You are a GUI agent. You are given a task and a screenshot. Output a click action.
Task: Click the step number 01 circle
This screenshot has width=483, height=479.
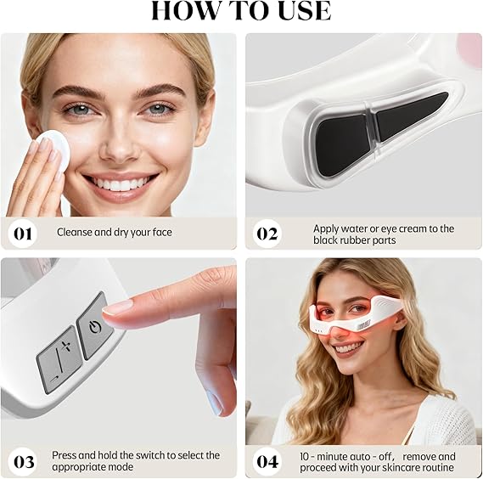22,234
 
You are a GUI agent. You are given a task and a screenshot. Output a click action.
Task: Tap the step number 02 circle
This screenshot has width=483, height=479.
267,234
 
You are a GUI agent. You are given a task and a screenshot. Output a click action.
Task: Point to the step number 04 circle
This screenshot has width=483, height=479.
267,462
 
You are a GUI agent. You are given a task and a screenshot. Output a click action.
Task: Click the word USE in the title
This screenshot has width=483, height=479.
305,10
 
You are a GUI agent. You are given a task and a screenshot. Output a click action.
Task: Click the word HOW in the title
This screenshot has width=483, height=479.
184,10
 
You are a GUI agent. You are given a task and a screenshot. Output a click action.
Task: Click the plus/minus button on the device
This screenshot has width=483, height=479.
59,359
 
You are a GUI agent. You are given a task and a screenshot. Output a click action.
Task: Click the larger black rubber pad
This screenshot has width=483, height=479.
343,144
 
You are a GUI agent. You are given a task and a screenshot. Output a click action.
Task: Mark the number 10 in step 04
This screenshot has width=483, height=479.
305,457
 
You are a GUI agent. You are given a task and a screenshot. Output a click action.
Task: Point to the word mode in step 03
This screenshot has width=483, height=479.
121,466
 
